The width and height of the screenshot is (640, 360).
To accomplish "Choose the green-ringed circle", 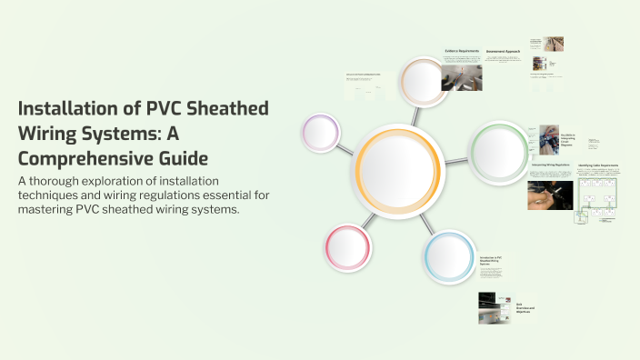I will (x=498, y=146).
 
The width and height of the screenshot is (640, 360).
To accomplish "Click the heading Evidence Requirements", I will (x=462, y=51).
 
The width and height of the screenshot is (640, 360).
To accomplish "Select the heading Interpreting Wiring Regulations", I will (x=551, y=165).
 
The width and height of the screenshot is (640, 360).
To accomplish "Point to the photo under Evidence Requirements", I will (x=461, y=77).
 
